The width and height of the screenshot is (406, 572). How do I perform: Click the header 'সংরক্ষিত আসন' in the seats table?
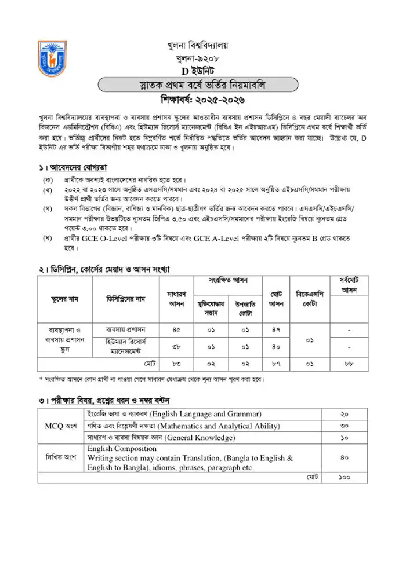click(x=228, y=280)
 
